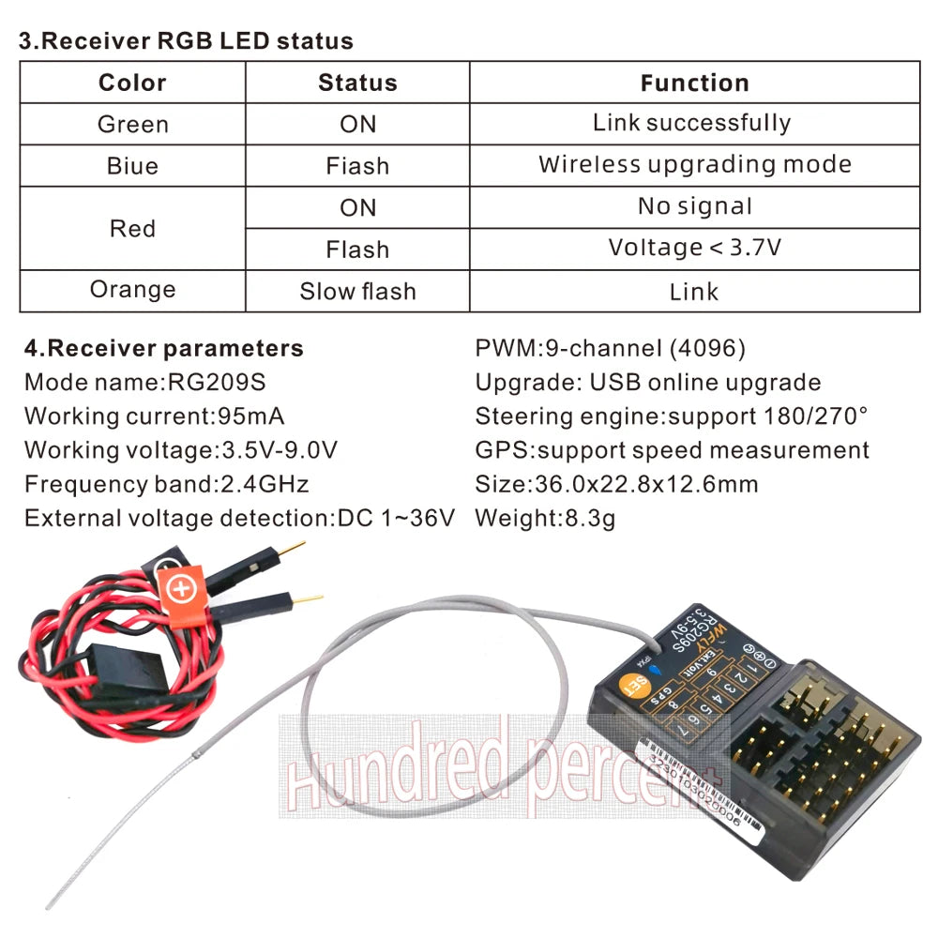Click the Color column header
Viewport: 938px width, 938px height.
tap(132, 83)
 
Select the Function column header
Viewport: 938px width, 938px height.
tap(694, 83)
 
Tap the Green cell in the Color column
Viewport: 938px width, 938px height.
tap(132, 124)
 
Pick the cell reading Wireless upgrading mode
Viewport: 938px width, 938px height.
tap(694, 165)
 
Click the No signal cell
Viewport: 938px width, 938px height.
tap(694, 206)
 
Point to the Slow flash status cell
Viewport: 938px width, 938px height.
tap(357, 291)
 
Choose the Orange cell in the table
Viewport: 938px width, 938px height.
tap(132, 290)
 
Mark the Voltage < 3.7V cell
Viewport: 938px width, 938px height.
tap(694, 248)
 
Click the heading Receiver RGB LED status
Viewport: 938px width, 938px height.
tap(187, 41)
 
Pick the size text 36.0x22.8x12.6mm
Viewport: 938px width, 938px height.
tap(643, 484)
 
